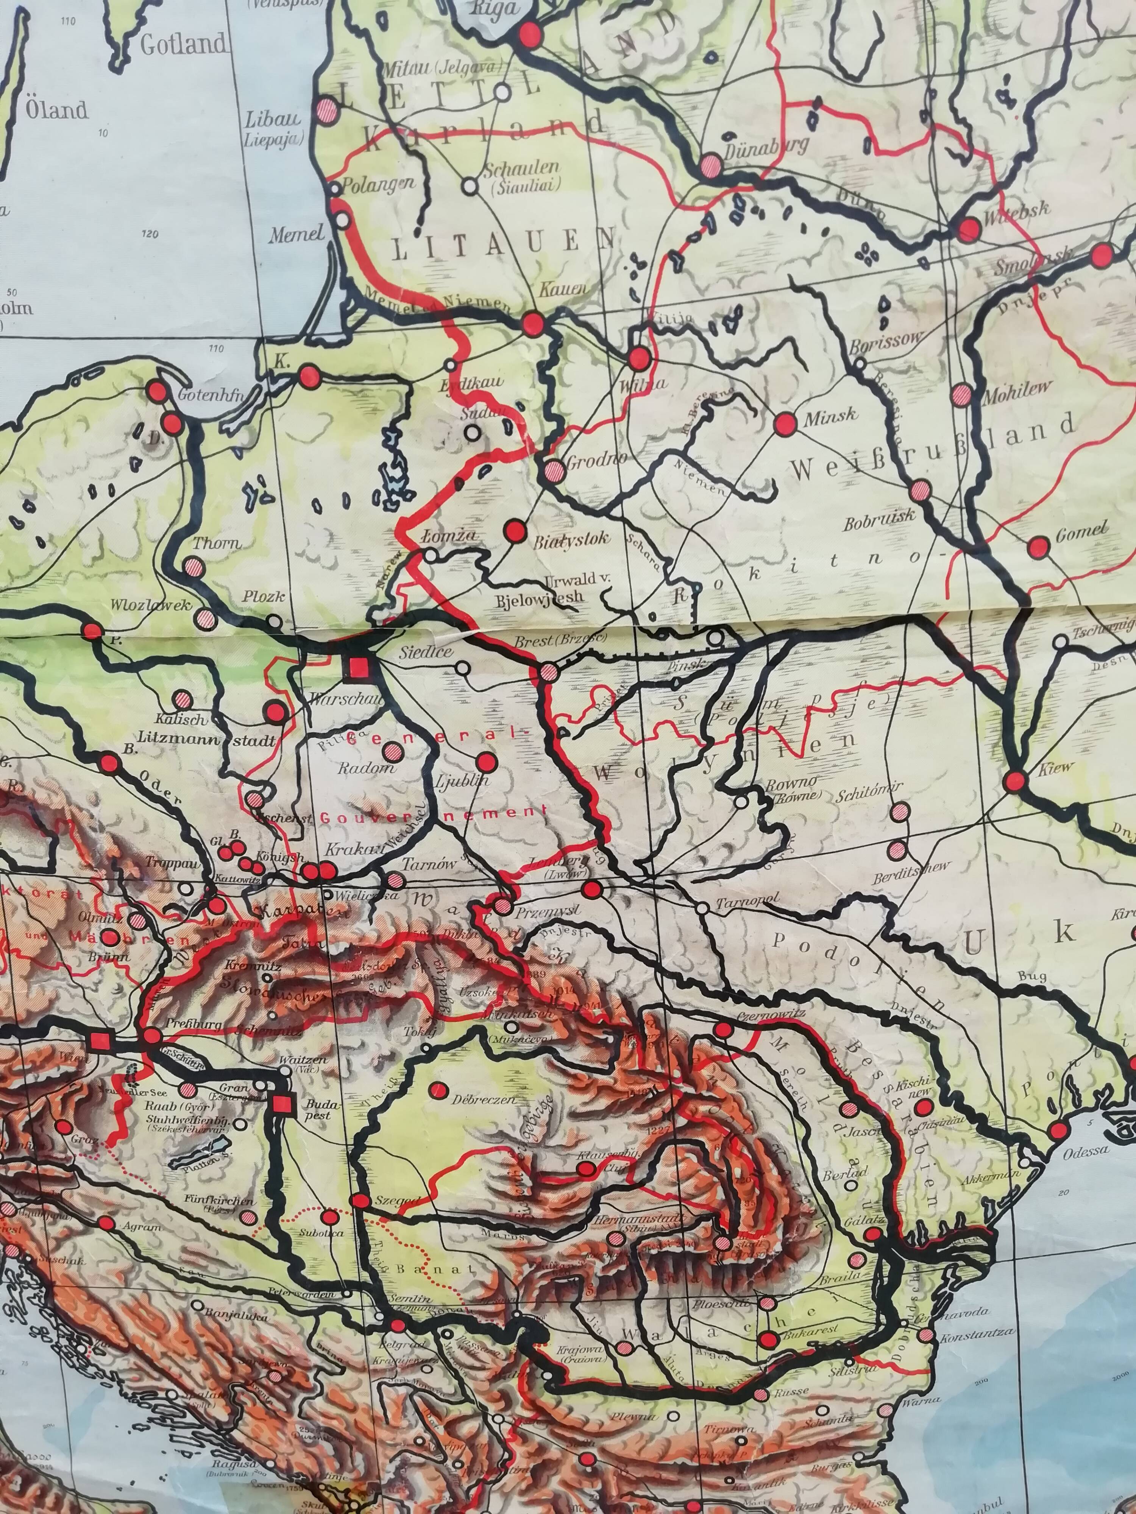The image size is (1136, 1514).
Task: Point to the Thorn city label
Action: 216,544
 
